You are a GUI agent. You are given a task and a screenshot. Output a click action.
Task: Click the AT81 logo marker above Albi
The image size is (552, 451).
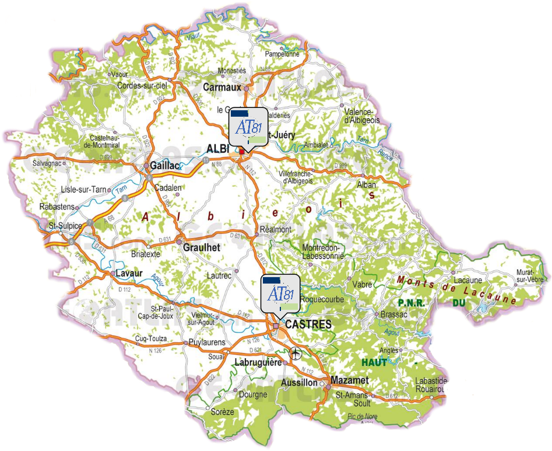coord(249,127)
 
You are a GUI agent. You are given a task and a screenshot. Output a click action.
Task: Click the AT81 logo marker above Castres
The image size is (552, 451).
coord(280,293)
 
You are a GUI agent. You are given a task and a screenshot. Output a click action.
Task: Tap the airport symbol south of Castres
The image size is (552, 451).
coord(296,353)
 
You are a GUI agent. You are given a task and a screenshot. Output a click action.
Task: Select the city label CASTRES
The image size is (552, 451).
coord(309,324)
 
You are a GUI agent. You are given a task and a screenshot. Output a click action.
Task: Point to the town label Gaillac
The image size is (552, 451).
coord(165,166)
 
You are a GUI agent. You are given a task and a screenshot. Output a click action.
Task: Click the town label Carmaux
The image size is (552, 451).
coord(222,87)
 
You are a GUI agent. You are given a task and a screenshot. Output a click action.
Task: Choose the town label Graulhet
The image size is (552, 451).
coord(202,247)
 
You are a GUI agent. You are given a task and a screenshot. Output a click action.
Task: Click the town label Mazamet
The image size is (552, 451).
coord(350,380)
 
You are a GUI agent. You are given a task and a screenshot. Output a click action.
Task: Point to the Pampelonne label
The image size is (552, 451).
coord(282,54)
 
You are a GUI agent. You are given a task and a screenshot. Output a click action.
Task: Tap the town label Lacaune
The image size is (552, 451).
coord(467,280)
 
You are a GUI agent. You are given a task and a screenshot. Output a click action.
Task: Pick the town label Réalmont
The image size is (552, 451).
coord(275,229)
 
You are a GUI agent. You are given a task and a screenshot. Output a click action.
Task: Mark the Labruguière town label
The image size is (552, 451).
coord(258,362)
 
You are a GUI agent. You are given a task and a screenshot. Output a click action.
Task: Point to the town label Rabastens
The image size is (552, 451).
coord(57,207)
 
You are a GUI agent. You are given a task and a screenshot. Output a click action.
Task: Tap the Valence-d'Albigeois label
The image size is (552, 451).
coord(362,116)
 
